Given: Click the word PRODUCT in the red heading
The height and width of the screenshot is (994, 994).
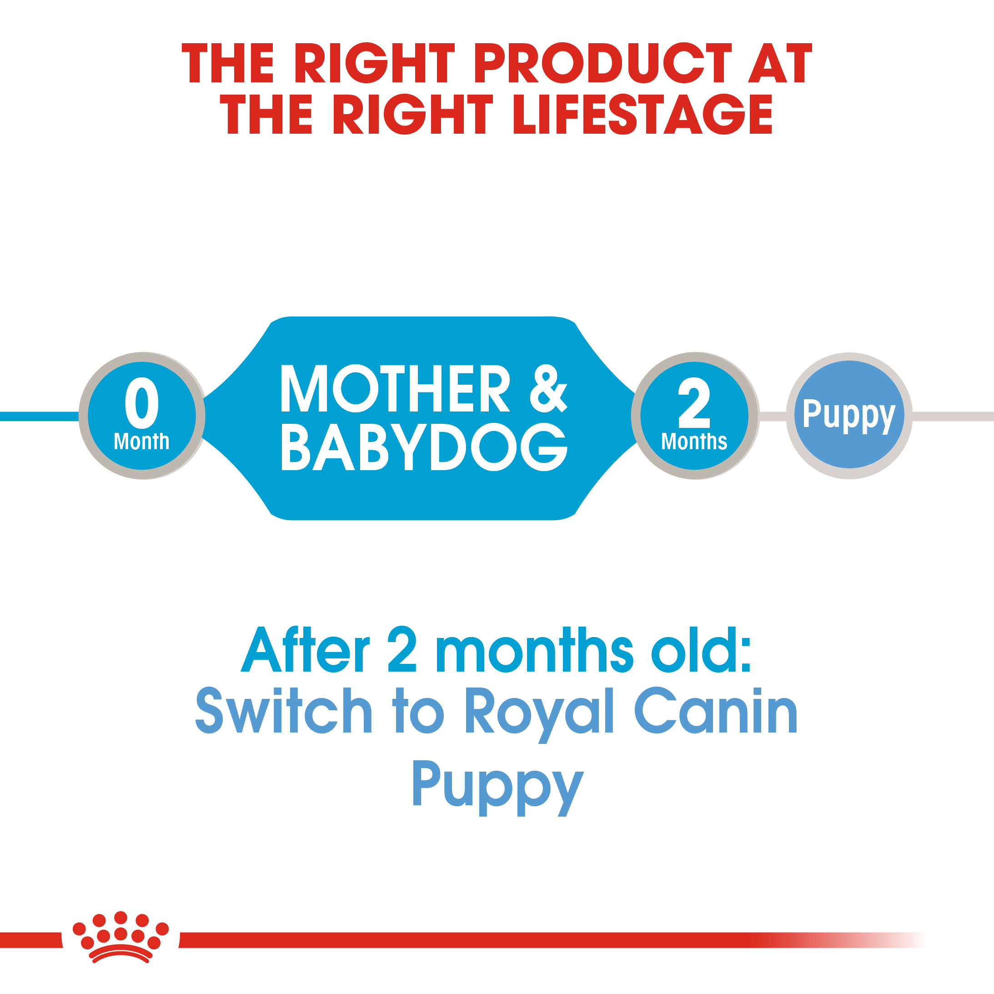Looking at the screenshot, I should point(602,63).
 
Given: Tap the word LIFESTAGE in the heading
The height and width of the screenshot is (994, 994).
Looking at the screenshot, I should point(642,114).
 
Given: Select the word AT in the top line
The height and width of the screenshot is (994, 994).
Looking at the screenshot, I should point(779,63).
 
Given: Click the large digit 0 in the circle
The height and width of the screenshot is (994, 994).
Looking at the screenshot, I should point(141,402).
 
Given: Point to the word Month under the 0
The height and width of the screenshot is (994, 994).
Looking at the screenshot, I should point(141,442).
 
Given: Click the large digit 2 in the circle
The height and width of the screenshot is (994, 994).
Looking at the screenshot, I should point(694,402).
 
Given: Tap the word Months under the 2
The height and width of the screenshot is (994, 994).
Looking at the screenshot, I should point(694,442).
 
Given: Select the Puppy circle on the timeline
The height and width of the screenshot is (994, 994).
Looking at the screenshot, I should point(849,415).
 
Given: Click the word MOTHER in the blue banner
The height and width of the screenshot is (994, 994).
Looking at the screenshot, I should point(395,389).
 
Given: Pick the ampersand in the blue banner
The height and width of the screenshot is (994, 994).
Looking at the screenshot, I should point(548,389).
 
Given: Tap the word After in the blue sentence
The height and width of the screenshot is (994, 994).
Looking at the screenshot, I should point(305,650).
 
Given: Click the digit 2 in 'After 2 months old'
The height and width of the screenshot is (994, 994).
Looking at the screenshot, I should point(402,650).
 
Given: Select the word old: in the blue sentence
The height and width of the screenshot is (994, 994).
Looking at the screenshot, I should point(701,650).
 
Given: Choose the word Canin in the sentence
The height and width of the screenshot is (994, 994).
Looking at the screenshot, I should point(716,712).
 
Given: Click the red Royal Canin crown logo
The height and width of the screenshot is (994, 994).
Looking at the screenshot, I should point(120,938).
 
